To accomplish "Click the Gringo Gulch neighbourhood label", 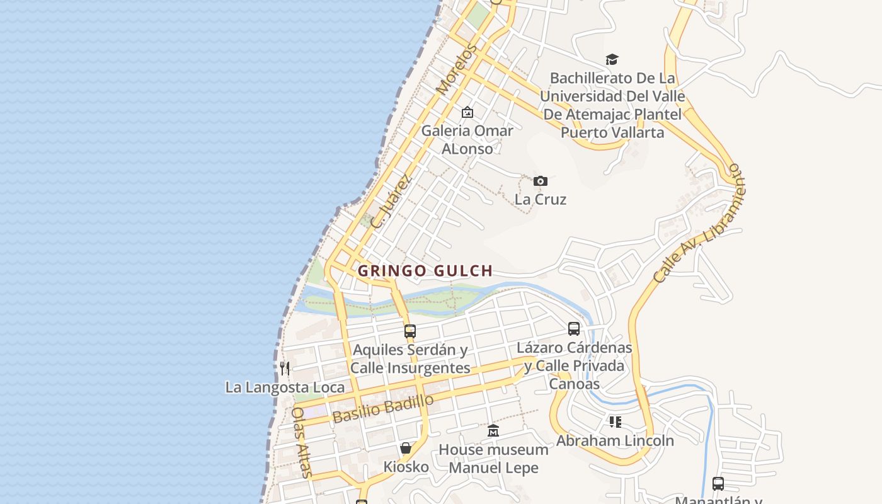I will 425,271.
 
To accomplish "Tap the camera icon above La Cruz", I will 541,181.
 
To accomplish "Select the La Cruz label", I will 541,199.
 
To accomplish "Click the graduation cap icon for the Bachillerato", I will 612,60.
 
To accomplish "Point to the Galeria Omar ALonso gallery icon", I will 467,112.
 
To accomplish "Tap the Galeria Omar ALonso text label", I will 467,139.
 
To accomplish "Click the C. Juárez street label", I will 391,201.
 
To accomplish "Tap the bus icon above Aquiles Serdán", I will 410,331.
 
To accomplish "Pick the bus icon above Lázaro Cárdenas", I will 574,328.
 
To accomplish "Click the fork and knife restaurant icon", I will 285,368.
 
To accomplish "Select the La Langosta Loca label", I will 285,387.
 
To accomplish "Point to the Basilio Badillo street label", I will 383,409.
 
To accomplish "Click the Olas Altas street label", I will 301,442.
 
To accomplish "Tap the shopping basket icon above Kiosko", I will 406,448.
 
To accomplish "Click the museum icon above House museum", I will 493,431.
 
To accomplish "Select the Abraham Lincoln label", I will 615,440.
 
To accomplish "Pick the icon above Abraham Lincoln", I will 616,421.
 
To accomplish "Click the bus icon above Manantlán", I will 718,484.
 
